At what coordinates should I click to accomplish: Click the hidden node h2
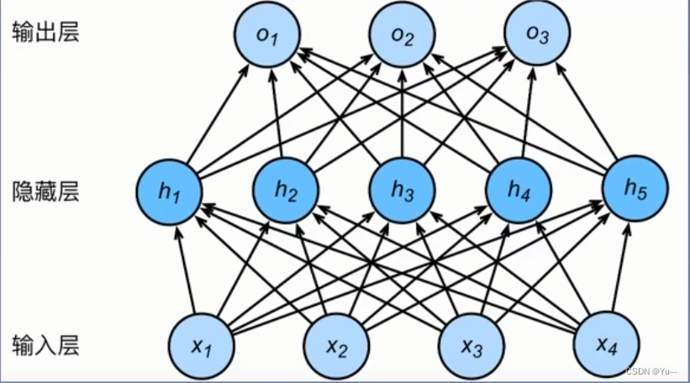coord(286,192)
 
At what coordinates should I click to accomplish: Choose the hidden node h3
coord(403,192)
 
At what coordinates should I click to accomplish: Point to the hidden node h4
coord(519,192)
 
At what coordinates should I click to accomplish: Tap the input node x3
coord(471,345)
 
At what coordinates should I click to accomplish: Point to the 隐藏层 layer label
coord(45,192)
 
